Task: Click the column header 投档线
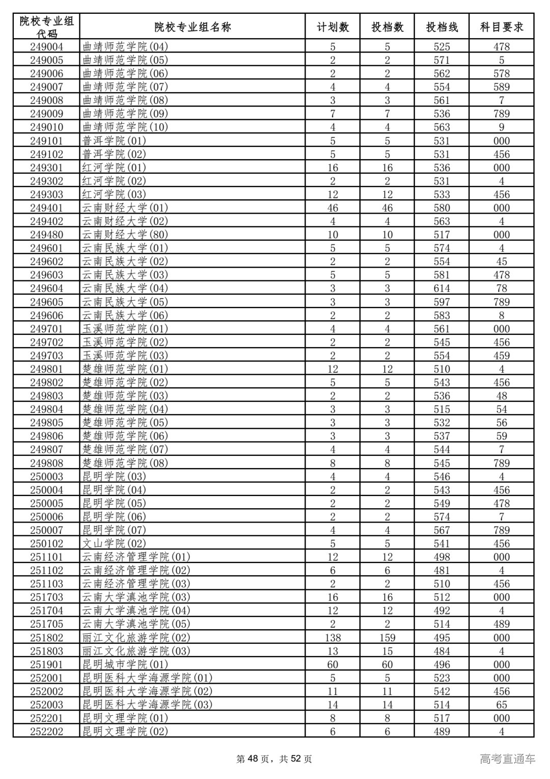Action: pyautogui.click(x=442, y=27)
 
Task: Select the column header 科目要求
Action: pyautogui.click(x=502, y=27)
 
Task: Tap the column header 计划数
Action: pyautogui.click(x=333, y=27)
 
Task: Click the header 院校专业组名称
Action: pyautogui.click(x=193, y=27)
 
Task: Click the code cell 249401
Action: pyautogui.click(x=46, y=208)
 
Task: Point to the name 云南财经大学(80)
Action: pyautogui.click(x=125, y=235)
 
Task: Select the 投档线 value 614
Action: pyautogui.click(x=442, y=289)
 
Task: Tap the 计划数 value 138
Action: pyautogui.click(x=333, y=638)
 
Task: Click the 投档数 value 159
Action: pyautogui.click(x=387, y=638)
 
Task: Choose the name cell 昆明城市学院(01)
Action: pyautogui.click(x=125, y=664)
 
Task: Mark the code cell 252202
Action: pyautogui.click(x=46, y=732)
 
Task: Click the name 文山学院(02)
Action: pyautogui.click(x=114, y=543)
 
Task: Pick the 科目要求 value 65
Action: pyautogui.click(x=502, y=705)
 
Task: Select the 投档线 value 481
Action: pyautogui.click(x=442, y=570)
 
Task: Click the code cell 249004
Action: pyautogui.click(x=46, y=47)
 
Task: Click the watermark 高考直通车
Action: pyautogui.click(x=507, y=759)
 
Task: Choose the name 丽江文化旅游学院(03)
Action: pyautogui.click(x=136, y=651)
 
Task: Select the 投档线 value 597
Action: pyautogui.click(x=442, y=302)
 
